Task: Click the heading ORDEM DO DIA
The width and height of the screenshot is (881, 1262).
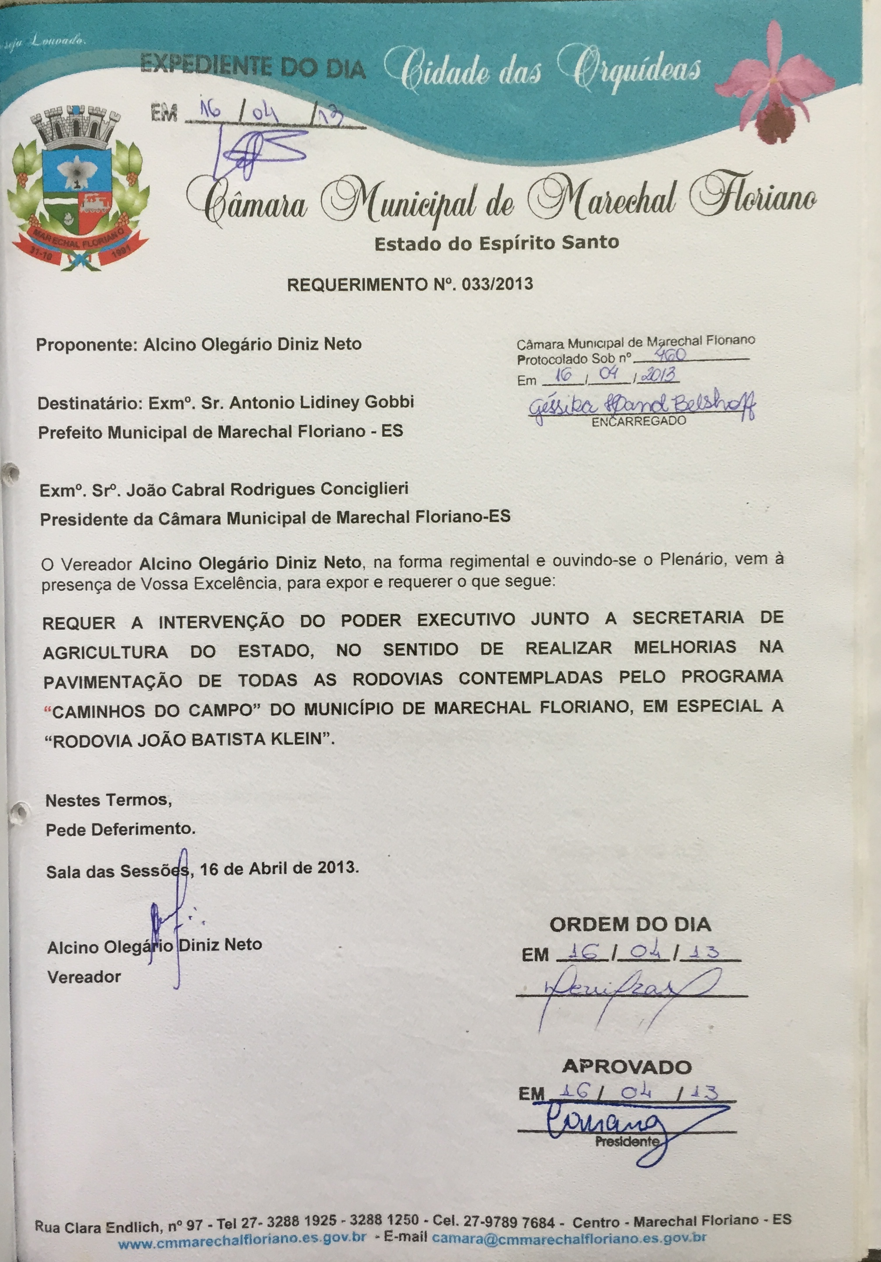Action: (x=630, y=924)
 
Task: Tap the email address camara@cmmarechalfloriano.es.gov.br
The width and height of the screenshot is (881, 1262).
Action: (x=569, y=1236)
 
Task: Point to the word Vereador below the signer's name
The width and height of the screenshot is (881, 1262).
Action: (x=84, y=977)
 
